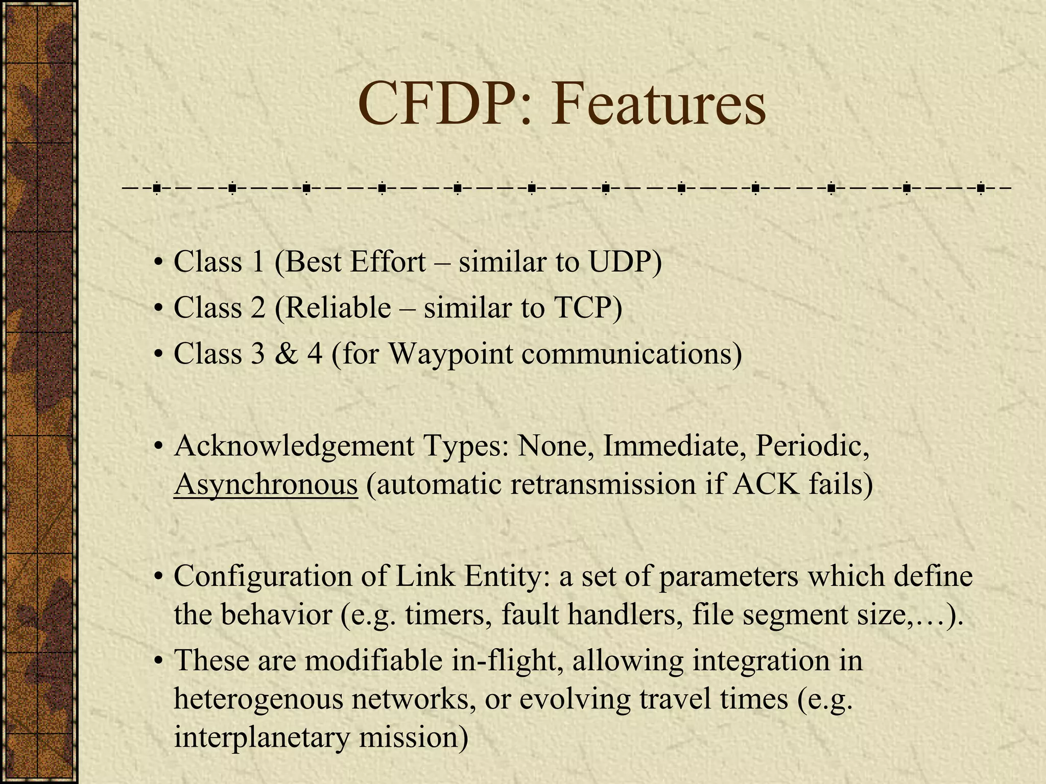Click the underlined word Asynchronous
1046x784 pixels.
click(266, 484)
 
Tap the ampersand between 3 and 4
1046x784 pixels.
click(287, 354)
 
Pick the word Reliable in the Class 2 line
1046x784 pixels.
click(337, 308)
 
